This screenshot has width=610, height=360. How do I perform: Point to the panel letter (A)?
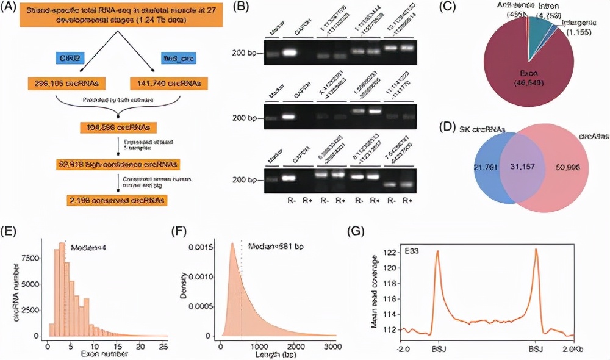click(13, 8)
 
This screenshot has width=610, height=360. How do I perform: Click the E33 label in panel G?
click(412, 250)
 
